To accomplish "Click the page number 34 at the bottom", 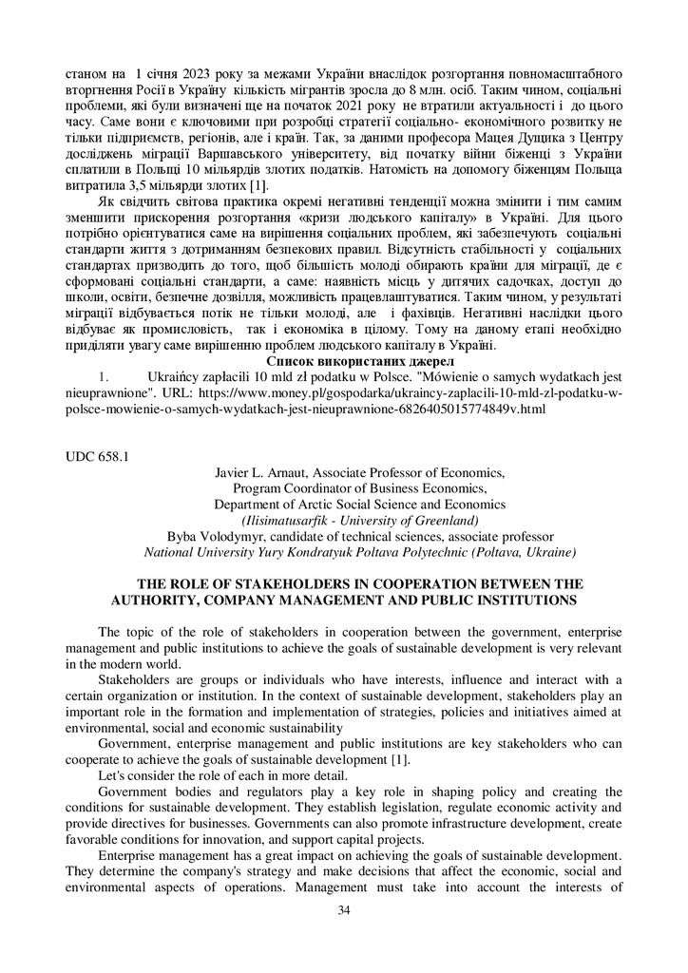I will (344, 911).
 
